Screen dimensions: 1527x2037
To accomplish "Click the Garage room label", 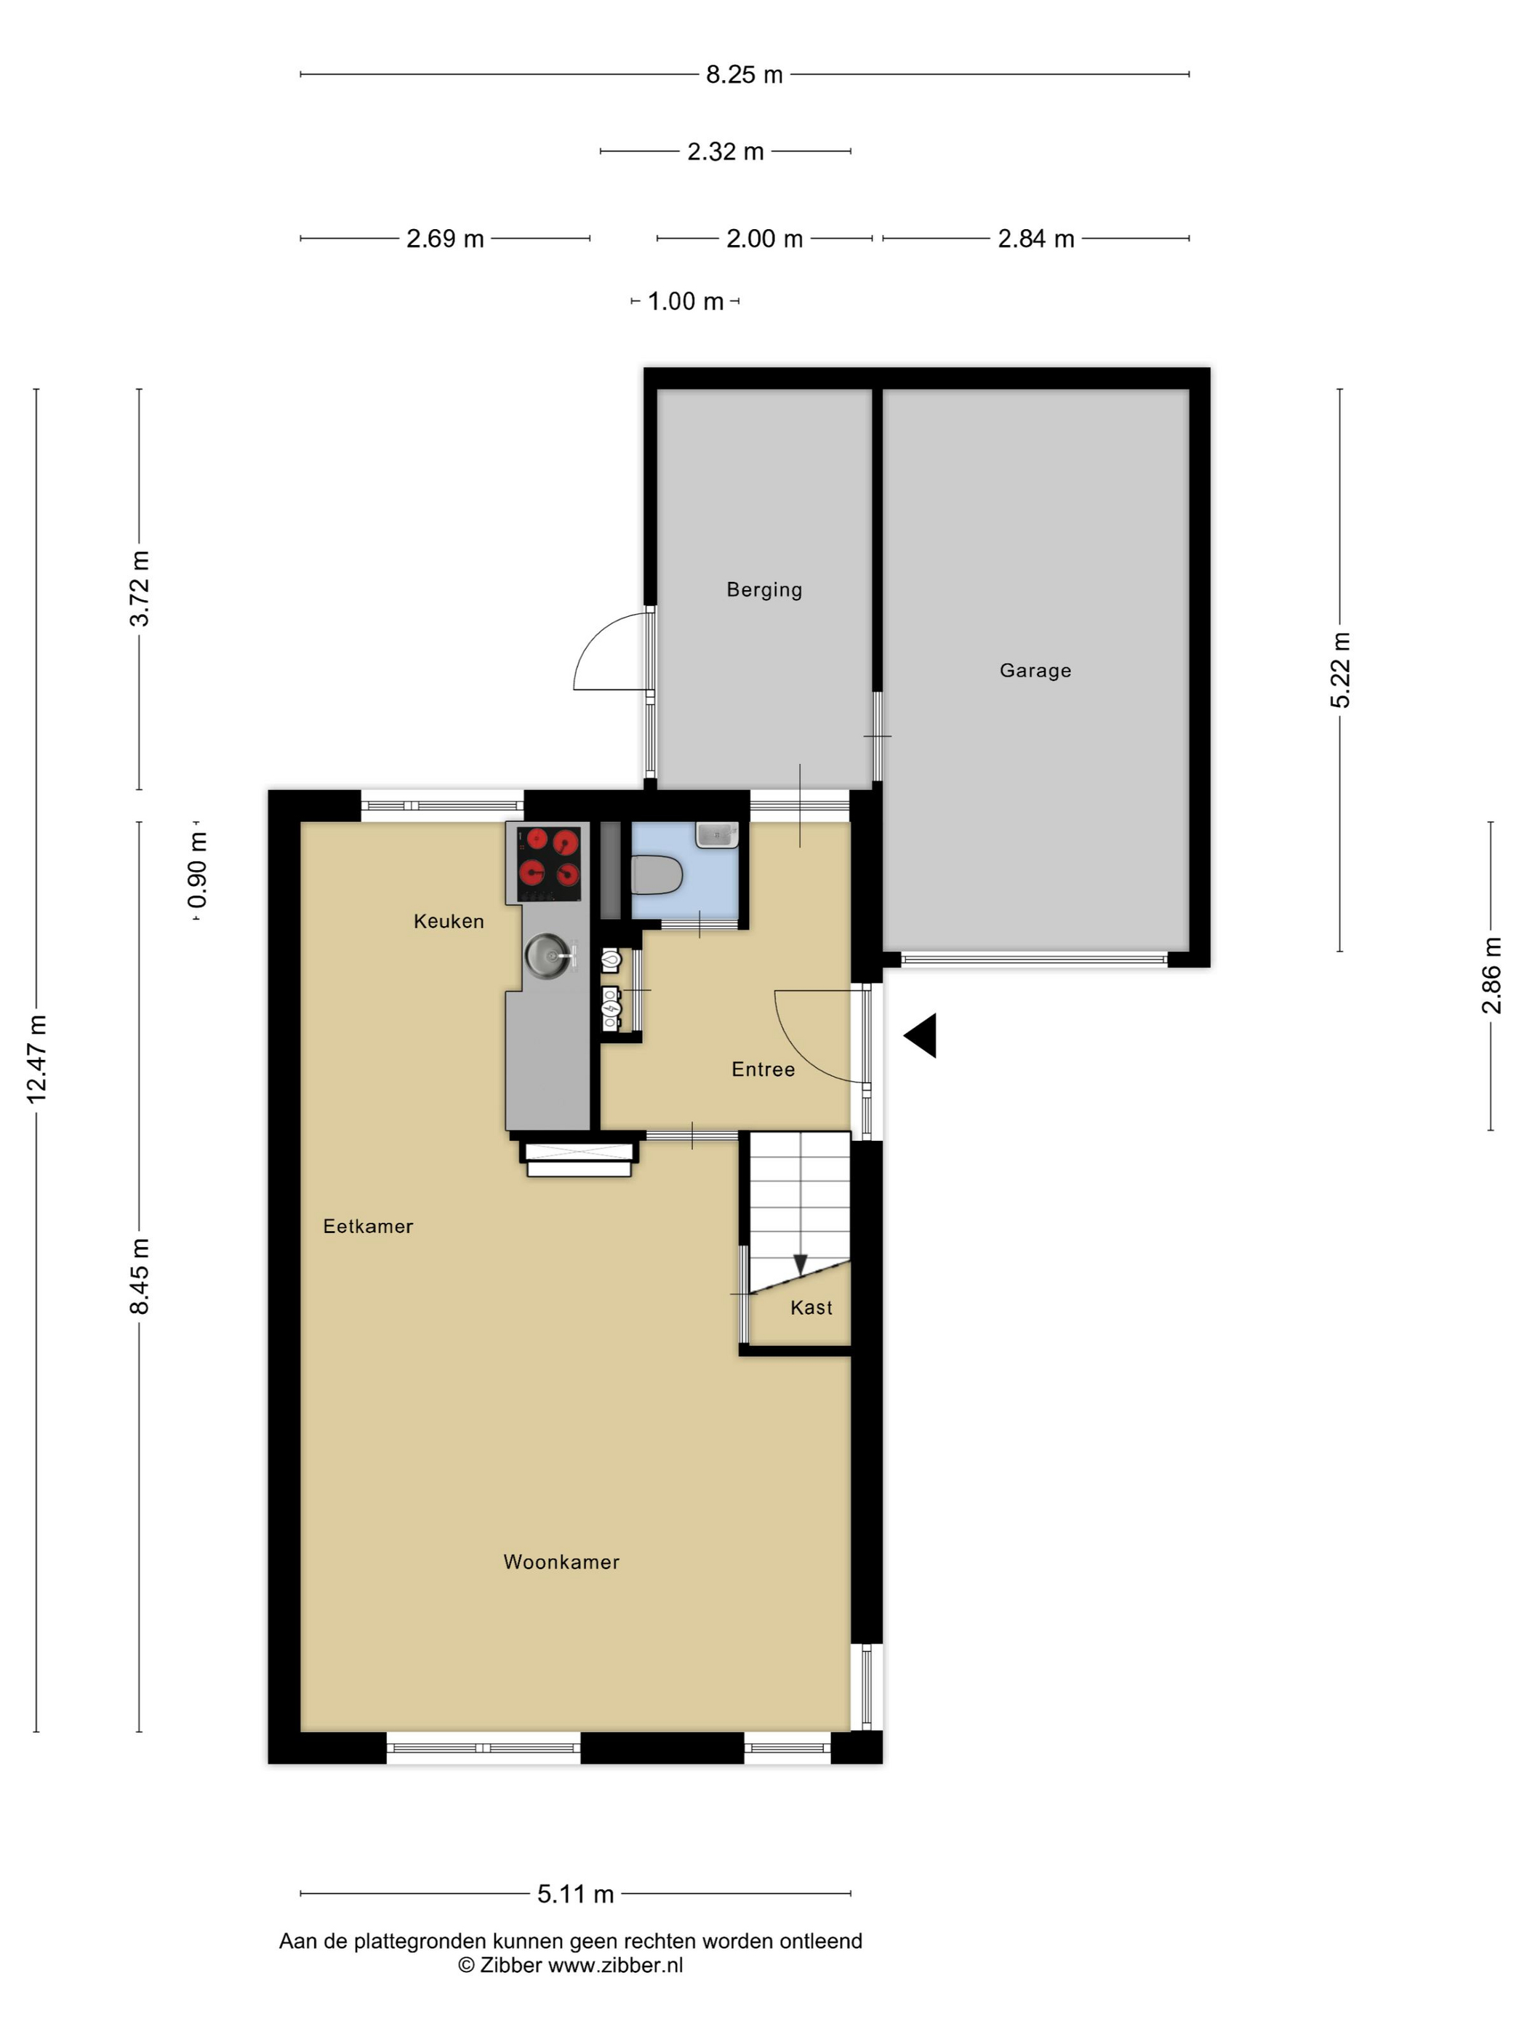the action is [x=1035, y=671].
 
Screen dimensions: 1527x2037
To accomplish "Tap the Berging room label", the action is [x=764, y=590].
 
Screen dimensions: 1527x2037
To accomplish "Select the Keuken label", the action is [x=448, y=921].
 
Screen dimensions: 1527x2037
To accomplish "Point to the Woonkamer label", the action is [x=561, y=1562].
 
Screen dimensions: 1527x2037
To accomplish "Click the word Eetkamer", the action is [x=368, y=1226].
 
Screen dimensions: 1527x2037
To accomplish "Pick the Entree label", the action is [x=763, y=1069].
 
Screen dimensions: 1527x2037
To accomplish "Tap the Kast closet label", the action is [x=811, y=1307].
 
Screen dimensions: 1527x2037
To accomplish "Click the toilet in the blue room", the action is [x=657, y=874].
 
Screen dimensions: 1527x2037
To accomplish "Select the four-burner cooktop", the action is [x=550, y=863].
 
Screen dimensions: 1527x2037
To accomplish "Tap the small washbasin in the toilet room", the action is [x=717, y=834].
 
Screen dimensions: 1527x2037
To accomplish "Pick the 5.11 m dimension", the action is [x=575, y=1894].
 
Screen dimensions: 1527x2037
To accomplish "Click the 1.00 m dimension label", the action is [x=686, y=301].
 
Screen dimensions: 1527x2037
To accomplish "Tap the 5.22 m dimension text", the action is [x=1340, y=671].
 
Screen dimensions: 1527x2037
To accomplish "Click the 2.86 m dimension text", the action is [x=1491, y=976].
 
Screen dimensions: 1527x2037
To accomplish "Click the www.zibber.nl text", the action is [x=616, y=1964].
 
